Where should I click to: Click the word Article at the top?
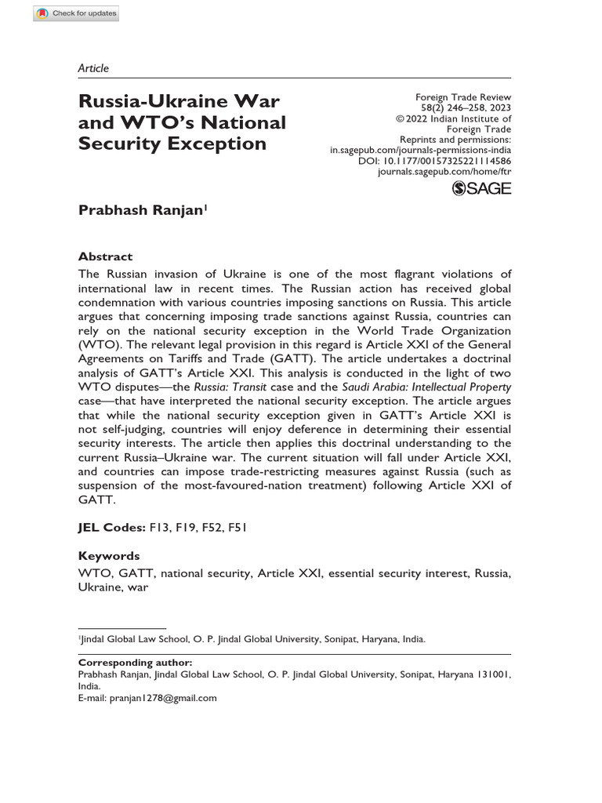pos(93,68)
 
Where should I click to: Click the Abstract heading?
pos(106,256)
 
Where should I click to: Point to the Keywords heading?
pos(109,555)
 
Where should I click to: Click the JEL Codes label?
pos(112,527)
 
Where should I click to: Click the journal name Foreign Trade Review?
pos(462,96)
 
